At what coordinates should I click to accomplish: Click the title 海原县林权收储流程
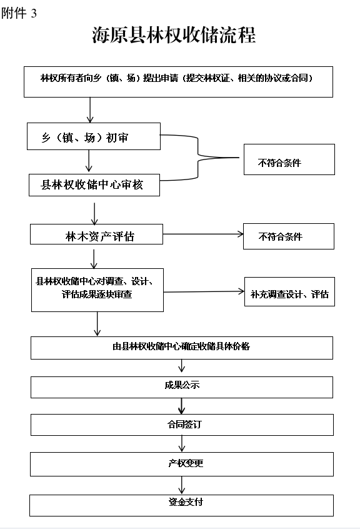[174, 35]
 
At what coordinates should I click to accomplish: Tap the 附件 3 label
[19, 13]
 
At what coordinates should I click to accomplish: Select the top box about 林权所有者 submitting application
[177, 81]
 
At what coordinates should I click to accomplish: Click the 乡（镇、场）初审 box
[94, 136]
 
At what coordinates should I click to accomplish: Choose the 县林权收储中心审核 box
[94, 185]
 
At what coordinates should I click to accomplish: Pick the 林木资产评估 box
[96, 234]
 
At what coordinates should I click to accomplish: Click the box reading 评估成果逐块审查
[97, 290]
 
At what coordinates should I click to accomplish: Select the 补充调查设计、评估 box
[289, 292]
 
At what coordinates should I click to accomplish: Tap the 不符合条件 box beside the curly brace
[289, 159]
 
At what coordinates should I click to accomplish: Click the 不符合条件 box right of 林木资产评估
[288, 236]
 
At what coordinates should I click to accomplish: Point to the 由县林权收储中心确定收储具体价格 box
[181, 348]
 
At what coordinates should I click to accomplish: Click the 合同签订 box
[181, 425]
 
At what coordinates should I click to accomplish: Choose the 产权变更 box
[181, 464]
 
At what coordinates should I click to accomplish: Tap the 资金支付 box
[181, 504]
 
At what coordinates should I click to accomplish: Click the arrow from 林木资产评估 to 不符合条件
[202, 235]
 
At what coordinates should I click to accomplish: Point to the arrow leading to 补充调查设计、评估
[203, 291]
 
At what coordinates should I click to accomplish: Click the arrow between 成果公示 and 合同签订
[182, 406]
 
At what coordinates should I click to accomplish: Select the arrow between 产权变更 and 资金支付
[182, 485]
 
